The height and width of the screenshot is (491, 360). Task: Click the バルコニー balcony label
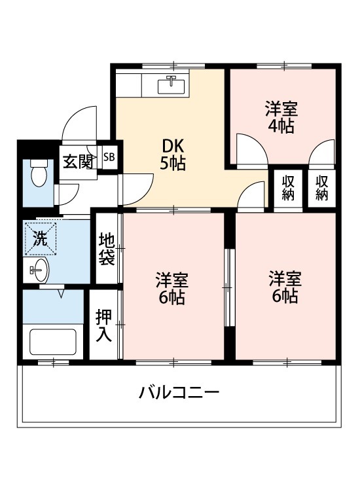178,393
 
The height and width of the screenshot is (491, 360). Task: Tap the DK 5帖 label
173,154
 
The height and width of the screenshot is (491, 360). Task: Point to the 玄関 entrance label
77,160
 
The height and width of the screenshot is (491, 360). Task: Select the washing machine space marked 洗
39,238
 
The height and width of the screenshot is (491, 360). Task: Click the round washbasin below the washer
38,268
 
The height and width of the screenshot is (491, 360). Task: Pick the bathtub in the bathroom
53,341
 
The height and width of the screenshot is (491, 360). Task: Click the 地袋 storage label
107,249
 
